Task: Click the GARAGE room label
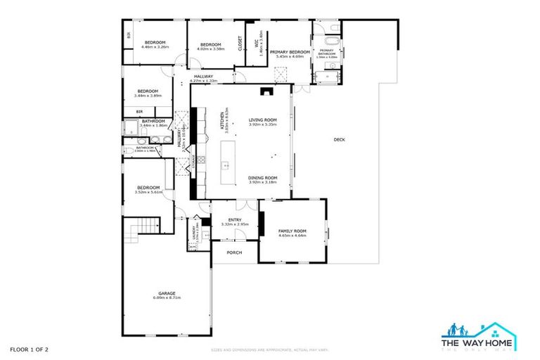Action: click(x=167, y=293)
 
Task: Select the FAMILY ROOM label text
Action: click(x=292, y=231)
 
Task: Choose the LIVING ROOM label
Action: click(x=262, y=120)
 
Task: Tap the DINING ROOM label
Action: click(x=262, y=177)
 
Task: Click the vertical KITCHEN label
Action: click(x=221, y=121)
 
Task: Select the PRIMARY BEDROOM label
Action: click(x=290, y=52)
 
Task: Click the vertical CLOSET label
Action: click(x=240, y=44)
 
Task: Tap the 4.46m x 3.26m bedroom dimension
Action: click(x=155, y=47)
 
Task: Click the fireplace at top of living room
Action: click(x=264, y=90)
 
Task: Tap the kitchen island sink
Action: click(x=225, y=166)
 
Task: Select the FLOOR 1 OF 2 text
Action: click(x=29, y=349)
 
